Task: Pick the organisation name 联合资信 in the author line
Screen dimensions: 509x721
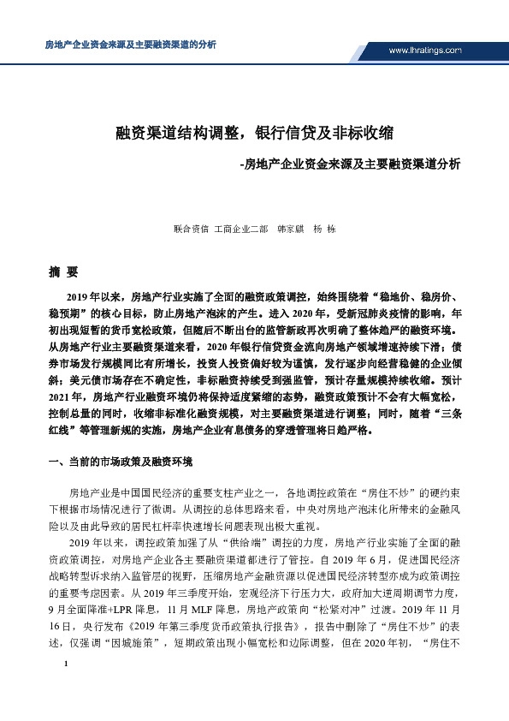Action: pyautogui.click(x=190, y=229)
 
